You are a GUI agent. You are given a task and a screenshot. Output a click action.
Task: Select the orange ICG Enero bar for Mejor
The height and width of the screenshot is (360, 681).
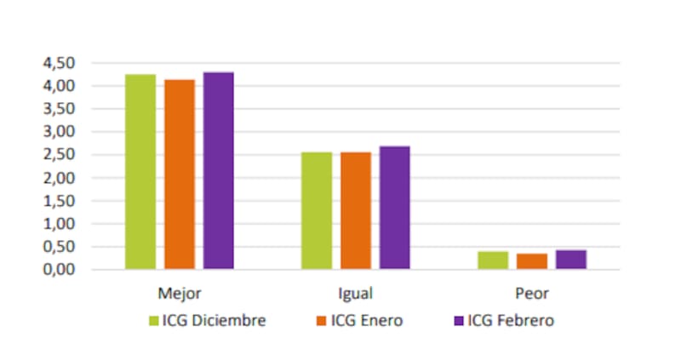tap(180, 174)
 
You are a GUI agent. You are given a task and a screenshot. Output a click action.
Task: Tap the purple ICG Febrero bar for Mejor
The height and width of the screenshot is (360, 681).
tap(218, 171)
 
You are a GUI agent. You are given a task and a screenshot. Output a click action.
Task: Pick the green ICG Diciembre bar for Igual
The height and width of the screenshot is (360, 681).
tap(317, 211)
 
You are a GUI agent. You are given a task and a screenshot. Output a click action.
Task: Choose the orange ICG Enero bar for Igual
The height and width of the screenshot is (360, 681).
tap(356, 211)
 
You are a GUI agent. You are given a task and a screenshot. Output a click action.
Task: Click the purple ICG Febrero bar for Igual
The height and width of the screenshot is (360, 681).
tap(394, 208)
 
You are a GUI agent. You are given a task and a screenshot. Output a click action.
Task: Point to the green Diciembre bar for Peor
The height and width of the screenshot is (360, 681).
tap(493, 260)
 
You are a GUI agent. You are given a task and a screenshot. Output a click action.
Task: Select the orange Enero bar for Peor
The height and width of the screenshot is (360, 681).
tap(532, 261)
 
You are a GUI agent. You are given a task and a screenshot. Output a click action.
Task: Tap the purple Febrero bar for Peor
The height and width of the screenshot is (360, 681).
tap(570, 260)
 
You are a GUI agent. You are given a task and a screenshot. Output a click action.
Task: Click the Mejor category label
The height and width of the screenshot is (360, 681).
tap(180, 294)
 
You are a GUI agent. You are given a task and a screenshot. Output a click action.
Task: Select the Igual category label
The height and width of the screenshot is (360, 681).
tap(355, 294)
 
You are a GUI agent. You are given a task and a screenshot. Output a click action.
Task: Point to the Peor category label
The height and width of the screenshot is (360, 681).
tap(531, 294)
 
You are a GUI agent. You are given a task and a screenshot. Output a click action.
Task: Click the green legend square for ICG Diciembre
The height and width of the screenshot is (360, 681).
tap(154, 321)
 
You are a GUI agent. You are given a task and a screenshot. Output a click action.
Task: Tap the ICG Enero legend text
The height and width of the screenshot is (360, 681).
tap(367, 321)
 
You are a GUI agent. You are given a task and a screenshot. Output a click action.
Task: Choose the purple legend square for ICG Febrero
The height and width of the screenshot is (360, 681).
tap(459, 321)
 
